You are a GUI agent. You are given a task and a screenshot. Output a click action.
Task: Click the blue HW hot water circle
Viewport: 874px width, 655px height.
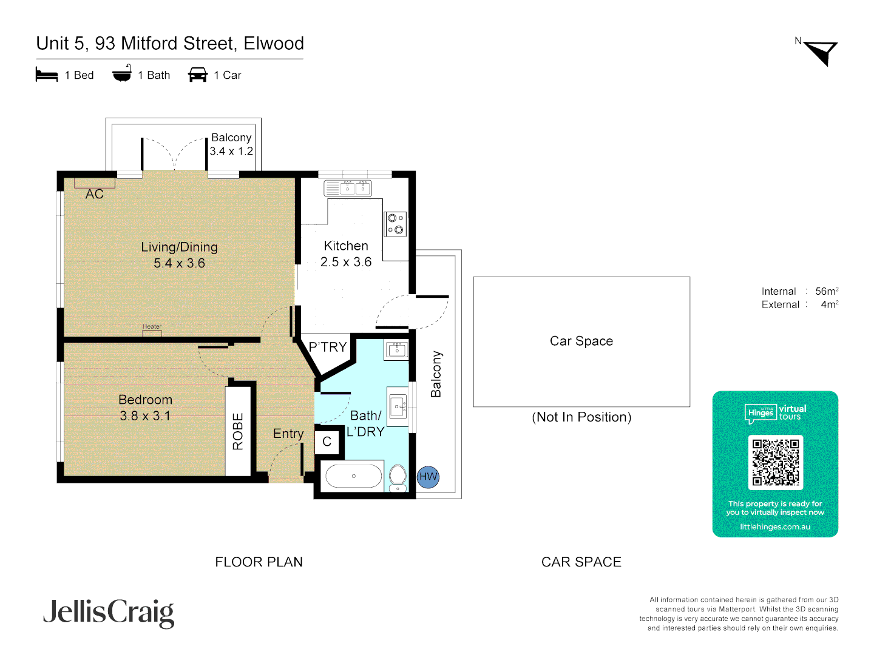(428, 477)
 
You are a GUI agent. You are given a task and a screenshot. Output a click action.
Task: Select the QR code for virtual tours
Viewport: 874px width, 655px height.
(775, 462)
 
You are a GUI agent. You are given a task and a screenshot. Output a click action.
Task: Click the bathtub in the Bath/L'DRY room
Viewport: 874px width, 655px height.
(354, 476)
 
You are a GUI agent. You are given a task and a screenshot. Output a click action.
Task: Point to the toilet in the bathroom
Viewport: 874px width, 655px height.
(398, 477)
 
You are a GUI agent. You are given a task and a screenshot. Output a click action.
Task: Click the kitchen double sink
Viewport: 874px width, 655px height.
(348, 188)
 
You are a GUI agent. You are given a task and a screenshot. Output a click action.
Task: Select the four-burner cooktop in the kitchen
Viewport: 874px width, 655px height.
(395, 224)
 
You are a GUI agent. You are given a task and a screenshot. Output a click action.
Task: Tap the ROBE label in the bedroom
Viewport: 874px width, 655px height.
(238, 431)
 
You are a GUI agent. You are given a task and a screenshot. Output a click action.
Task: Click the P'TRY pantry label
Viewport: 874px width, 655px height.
(328, 347)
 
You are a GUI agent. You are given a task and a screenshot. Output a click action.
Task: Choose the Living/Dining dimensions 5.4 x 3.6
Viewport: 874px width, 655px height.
(179, 263)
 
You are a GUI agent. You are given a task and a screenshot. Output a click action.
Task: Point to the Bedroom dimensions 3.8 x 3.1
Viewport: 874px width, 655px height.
(145, 416)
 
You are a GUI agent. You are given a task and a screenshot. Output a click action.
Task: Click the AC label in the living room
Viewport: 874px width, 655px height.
(95, 194)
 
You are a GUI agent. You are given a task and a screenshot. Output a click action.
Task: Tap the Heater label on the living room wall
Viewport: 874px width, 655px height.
(152, 327)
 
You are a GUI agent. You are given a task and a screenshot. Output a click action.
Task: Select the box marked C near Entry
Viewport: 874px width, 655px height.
(327, 442)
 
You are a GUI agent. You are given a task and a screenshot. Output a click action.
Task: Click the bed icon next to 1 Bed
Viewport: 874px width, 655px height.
(47, 75)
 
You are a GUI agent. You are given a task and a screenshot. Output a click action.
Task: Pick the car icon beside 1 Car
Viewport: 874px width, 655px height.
(198, 75)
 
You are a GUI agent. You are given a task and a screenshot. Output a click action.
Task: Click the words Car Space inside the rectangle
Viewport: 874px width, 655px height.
(581, 341)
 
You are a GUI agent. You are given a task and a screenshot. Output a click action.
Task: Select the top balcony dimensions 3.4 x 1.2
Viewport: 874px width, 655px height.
(231, 151)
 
